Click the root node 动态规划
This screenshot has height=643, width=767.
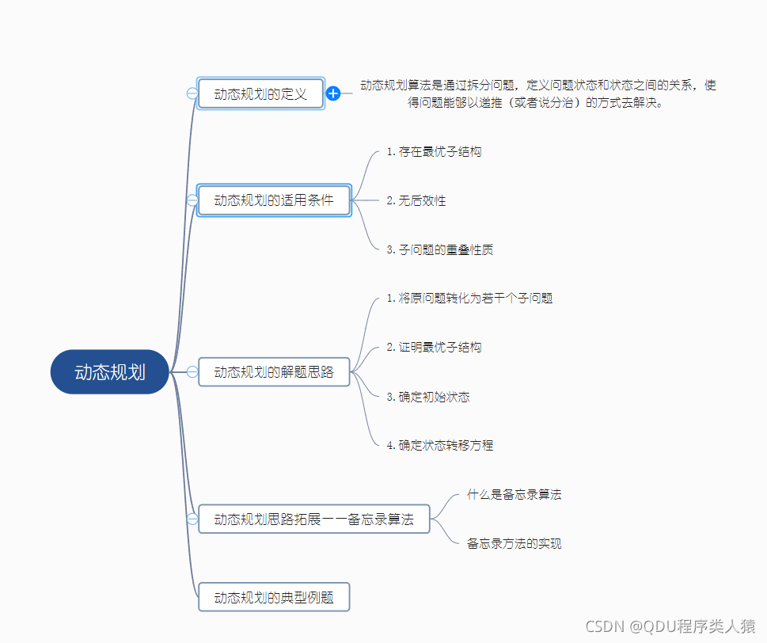click(x=110, y=372)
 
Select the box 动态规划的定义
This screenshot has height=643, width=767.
click(x=260, y=93)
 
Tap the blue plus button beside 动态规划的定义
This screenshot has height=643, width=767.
click(x=333, y=93)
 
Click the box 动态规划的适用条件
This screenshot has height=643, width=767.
click(x=274, y=200)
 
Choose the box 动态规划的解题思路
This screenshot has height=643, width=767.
click(x=274, y=371)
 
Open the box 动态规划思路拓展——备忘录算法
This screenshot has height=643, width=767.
click(x=313, y=519)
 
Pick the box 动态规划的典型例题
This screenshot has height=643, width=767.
click(x=274, y=596)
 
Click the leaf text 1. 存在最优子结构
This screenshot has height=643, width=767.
click(x=434, y=151)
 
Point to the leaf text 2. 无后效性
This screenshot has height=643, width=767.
click(x=416, y=200)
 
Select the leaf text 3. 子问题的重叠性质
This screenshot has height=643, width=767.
click(x=440, y=249)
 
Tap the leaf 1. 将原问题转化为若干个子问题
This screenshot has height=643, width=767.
click(x=469, y=299)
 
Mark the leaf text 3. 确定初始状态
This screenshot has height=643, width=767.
click(x=428, y=396)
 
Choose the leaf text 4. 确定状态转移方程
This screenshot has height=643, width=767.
click(x=440, y=445)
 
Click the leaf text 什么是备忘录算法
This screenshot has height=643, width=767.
click(x=514, y=494)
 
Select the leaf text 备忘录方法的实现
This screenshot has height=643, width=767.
click(x=514, y=543)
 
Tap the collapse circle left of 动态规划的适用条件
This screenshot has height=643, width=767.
click(x=192, y=200)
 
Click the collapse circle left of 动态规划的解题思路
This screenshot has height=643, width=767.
click(x=192, y=371)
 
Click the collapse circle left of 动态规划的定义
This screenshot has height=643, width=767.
click(x=192, y=93)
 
